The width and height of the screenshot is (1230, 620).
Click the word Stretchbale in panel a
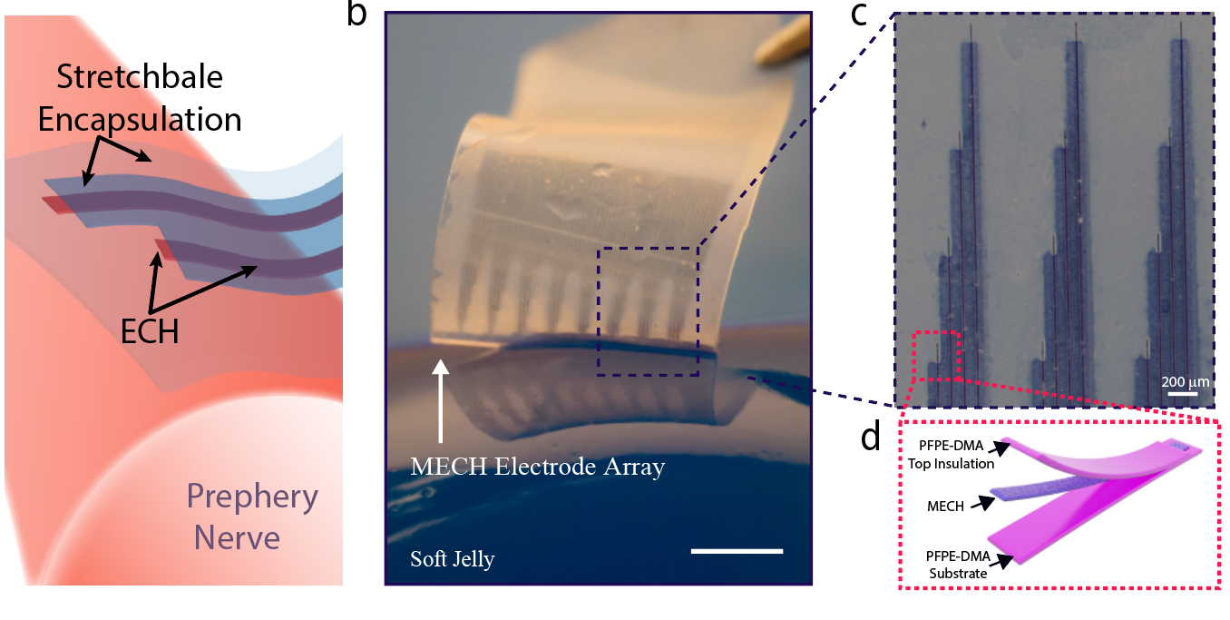[x=139, y=78]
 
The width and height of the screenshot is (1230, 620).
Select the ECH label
[x=149, y=332]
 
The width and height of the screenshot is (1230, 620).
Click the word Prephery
[x=252, y=497]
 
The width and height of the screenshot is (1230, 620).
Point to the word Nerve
[x=237, y=537]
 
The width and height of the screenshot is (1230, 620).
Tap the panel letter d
[x=871, y=438]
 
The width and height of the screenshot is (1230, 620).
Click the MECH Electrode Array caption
[x=538, y=467]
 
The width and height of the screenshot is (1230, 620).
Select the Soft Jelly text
[x=453, y=558]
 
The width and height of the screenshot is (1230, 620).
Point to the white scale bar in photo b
[x=736, y=550]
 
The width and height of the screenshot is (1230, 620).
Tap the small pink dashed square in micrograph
[x=936, y=357]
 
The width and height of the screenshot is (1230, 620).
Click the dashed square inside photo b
[x=648, y=310]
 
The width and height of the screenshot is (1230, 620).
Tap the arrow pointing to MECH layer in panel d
[x=981, y=501]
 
